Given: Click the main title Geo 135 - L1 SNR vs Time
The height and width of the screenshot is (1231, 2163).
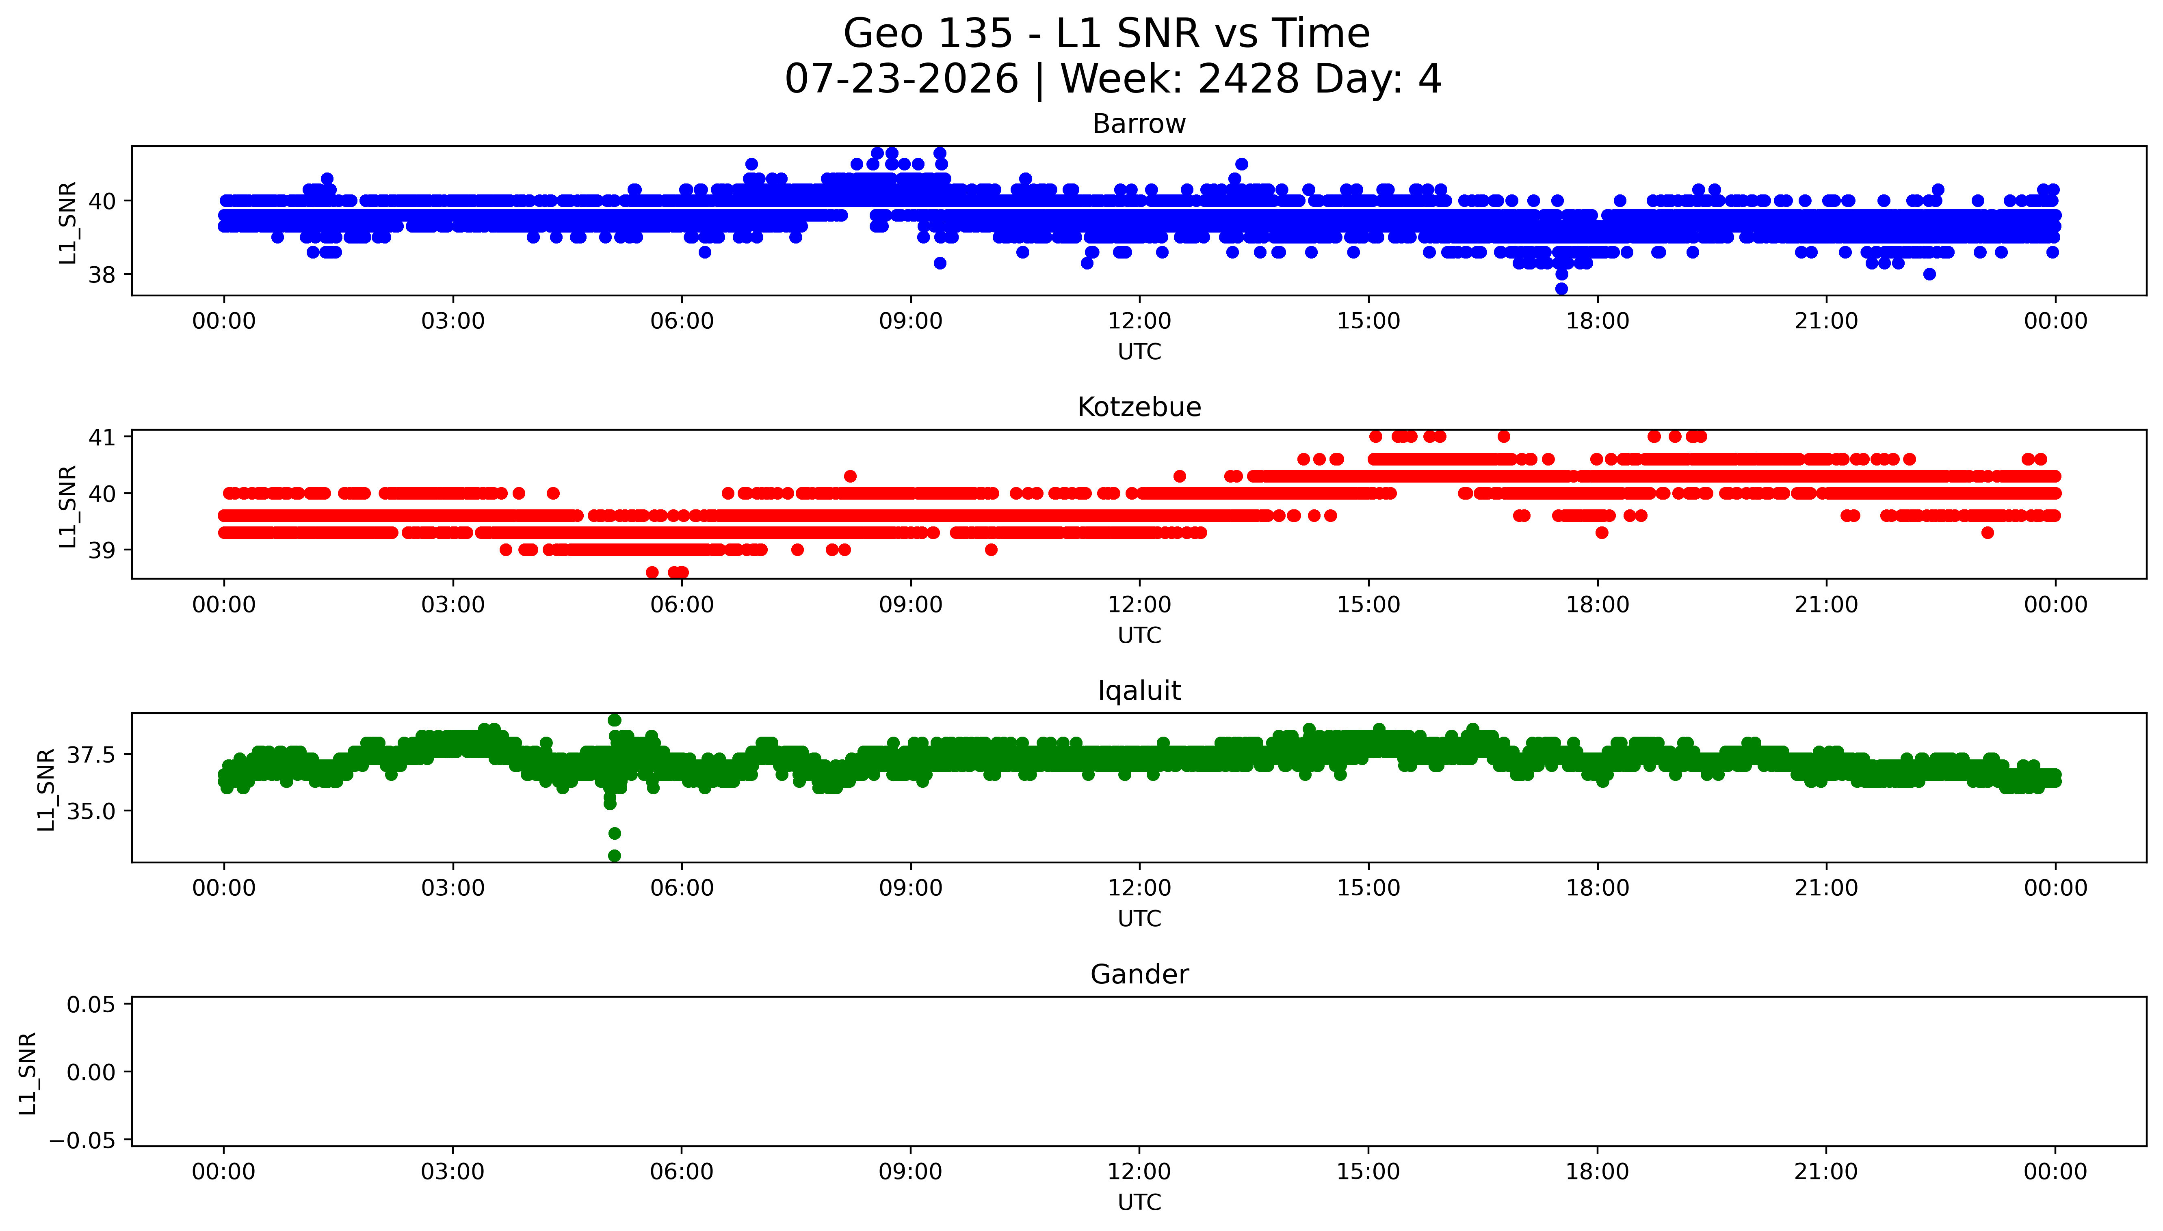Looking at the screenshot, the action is tap(1106, 34).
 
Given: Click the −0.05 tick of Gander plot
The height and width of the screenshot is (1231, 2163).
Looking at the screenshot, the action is tap(84, 1140).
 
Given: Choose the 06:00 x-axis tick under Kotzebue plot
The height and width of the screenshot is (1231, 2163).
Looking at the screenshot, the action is tap(682, 604).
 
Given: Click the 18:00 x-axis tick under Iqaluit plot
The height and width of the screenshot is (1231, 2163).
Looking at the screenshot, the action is tap(1597, 888).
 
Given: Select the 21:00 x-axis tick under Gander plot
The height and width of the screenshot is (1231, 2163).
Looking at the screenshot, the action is tap(1826, 1172).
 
